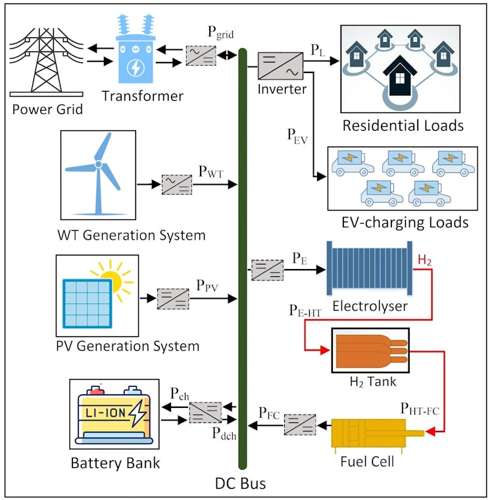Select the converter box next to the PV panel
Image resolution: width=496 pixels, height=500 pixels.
[173, 299]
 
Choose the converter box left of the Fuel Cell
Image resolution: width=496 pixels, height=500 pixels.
[300, 424]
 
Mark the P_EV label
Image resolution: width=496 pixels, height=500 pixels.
[297, 137]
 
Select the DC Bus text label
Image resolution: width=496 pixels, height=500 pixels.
[240, 484]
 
